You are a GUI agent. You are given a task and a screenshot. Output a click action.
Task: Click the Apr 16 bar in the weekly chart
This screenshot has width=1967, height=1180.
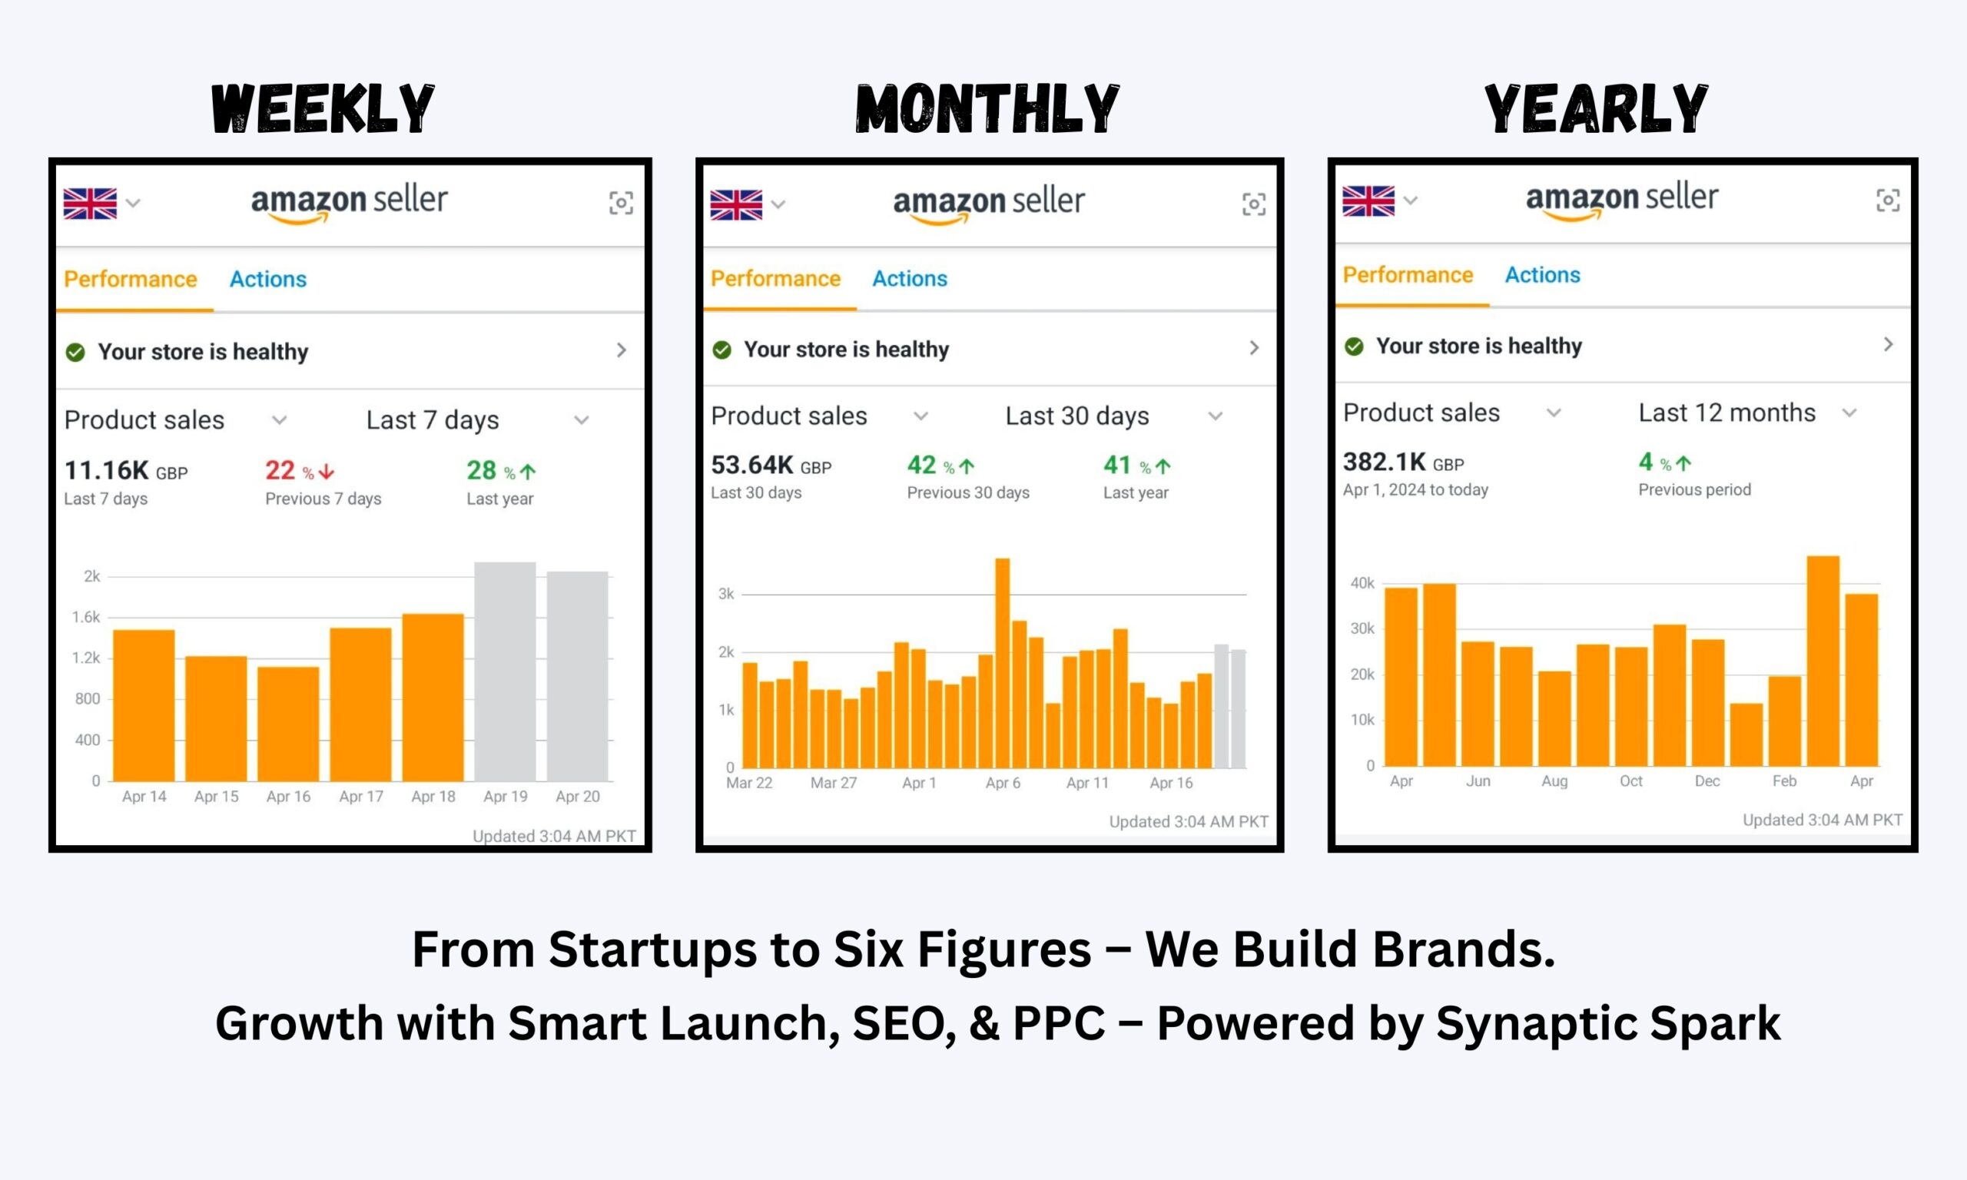[288, 724]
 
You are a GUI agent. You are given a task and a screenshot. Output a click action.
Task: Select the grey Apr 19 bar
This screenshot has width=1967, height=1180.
[505, 672]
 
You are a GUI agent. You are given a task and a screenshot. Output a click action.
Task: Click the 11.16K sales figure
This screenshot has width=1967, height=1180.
[107, 471]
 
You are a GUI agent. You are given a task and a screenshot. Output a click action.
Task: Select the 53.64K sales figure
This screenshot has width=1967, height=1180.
[752, 465]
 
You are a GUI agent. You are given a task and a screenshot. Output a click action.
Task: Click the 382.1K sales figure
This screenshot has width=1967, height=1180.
[1385, 462]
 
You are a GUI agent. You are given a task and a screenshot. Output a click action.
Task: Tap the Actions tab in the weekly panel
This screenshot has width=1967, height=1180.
[268, 279]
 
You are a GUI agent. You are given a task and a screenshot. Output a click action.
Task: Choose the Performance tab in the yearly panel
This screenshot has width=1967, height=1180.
[1408, 275]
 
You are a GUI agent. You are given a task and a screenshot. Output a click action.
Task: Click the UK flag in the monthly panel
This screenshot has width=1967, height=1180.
[735, 204]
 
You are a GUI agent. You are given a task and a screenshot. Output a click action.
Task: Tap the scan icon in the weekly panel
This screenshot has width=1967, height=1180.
[621, 203]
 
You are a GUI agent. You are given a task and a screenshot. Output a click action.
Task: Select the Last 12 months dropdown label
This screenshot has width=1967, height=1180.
[1727, 413]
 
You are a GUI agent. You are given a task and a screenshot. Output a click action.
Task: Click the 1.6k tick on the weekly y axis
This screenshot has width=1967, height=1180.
[86, 617]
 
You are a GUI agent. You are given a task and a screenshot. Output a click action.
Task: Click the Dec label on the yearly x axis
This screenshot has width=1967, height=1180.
[1707, 781]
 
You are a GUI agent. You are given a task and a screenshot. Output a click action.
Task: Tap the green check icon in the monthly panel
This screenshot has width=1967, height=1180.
[722, 350]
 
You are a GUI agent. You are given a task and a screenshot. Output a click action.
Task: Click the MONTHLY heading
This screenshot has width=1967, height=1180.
[987, 109]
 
